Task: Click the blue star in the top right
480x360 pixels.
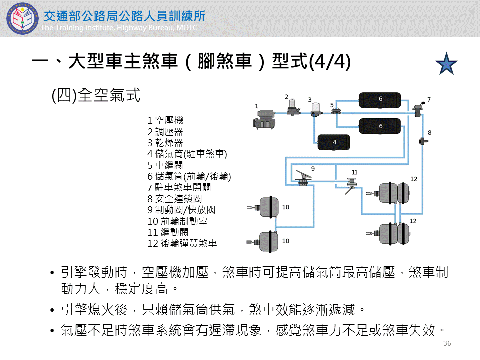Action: click(x=446, y=64)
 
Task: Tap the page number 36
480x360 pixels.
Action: click(x=447, y=343)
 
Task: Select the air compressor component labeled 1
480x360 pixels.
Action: click(x=265, y=119)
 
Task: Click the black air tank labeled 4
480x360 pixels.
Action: click(x=334, y=142)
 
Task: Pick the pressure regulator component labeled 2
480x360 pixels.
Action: click(x=293, y=107)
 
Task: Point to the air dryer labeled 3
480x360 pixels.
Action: click(x=315, y=109)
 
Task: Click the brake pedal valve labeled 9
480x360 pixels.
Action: click(x=303, y=177)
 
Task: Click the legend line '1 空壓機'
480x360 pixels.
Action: click(x=165, y=120)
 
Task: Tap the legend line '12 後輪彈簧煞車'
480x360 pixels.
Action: click(x=182, y=244)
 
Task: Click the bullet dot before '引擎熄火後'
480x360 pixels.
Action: click(x=53, y=311)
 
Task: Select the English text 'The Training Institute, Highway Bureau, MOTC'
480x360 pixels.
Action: click(x=119, y=28)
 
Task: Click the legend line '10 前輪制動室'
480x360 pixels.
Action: click(x=177, y=221)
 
